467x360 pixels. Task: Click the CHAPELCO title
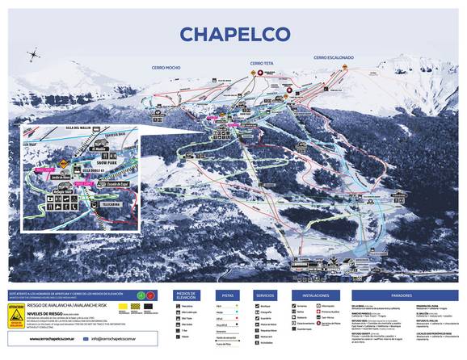click(x=234, y=34)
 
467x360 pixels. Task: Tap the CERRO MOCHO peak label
click(x=165, y=67)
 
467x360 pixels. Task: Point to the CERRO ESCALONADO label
click(x=334, y=57)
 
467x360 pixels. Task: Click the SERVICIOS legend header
click(x=267, y=295)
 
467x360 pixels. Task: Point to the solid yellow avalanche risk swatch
click(x=123, y=308)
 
